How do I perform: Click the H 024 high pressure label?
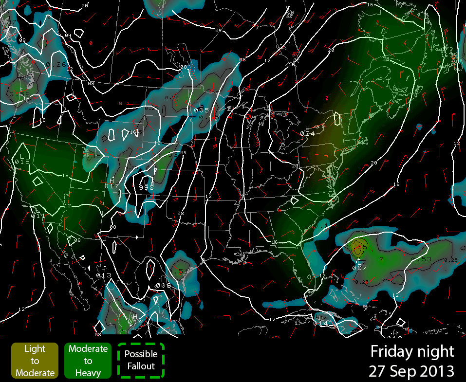pos(307,130)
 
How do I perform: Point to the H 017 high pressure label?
pos(112,183)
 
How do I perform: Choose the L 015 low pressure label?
pos(22,159)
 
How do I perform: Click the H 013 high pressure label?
pos(104,273)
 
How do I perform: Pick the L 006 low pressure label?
pos(163,283)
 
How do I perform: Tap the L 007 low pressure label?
pos(359,265)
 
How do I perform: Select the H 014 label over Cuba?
pos(320,321)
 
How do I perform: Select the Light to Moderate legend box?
pos(35,361)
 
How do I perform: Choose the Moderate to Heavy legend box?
pos(88,361)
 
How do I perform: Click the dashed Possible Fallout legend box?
pos(141,361)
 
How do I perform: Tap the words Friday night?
pos(412,351)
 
